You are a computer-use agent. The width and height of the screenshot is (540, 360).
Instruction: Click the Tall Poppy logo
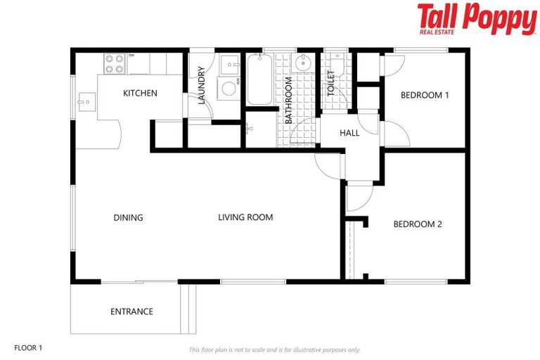click(476, 19)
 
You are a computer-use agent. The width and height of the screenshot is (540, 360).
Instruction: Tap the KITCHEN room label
click(140, 94)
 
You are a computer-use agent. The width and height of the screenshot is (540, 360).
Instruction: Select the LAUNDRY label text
click(202, 85)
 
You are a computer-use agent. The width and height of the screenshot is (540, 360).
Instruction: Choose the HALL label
click(349, 133)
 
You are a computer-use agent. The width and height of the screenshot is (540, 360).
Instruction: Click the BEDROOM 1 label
click(425, 95)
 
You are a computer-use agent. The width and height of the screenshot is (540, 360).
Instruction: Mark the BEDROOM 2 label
click(417, 224)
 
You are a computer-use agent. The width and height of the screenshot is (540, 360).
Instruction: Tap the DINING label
click(128, 218)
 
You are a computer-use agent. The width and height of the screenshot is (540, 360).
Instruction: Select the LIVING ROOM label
click(245, 218)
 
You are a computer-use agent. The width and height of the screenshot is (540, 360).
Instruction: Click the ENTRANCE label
click(131, 311)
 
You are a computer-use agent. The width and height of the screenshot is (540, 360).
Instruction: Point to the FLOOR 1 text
click(29, 347)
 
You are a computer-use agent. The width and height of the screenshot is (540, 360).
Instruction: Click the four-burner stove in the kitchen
click(115, 64)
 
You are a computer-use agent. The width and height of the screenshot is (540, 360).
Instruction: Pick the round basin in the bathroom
click(303, 63)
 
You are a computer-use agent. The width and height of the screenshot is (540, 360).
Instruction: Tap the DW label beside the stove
click(131, 55)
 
